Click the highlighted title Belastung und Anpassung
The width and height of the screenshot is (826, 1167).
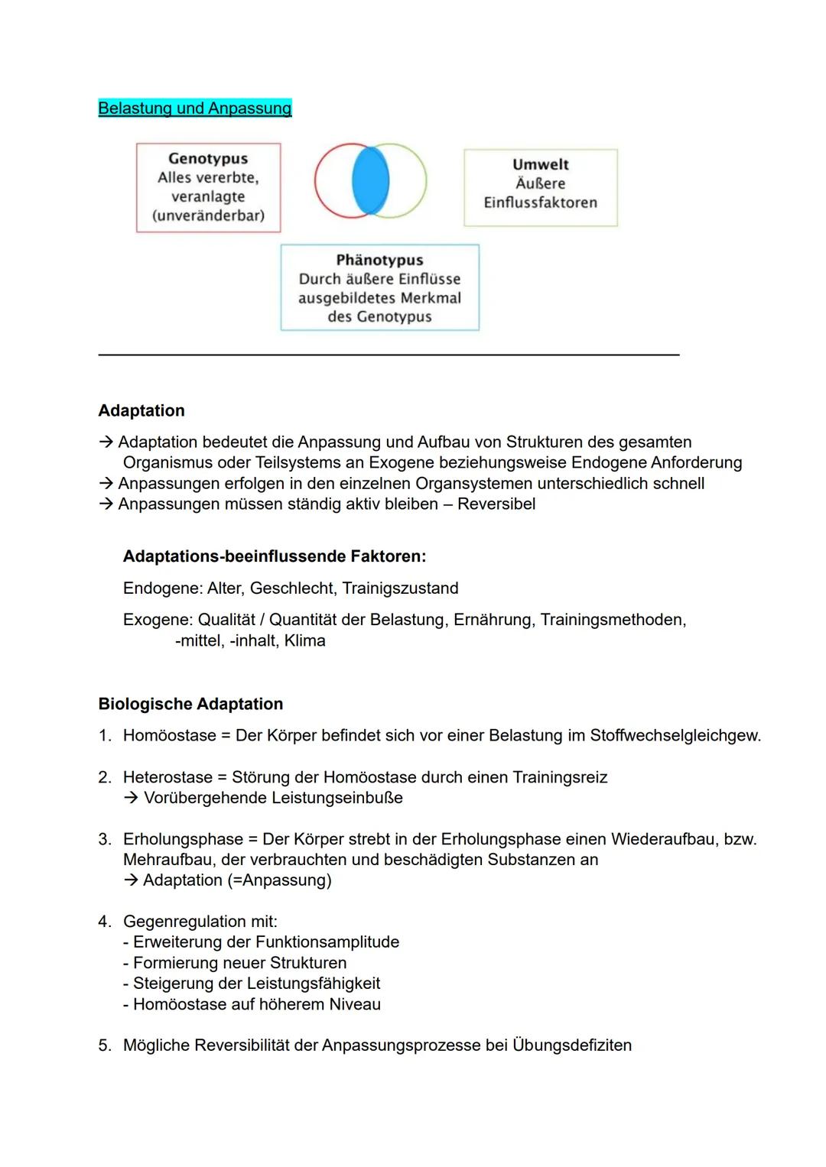(x=195, y=109)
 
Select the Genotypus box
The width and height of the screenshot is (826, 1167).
(x=208, y=187)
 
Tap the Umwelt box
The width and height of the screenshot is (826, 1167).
(x=540, y=187)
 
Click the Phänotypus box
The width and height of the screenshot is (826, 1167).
(x=379, y=287)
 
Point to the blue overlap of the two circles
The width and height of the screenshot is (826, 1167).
(x=370, y=181)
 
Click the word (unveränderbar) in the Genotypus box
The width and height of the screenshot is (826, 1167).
(x=208, y=216)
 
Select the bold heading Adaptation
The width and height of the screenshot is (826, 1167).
(x=141, y=410)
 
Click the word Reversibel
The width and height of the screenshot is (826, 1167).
(x=496, y=504)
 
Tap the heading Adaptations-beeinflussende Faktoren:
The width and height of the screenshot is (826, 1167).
(x=275, y=556)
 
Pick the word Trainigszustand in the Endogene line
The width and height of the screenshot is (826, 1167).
(x=400, y=588)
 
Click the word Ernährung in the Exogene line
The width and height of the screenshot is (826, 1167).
(x=493, y=620)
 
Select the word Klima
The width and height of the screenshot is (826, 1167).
(x=304, y=641)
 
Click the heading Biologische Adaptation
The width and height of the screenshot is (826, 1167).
(x=190, y=704)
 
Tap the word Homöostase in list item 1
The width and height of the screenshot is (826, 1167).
(x=170, y=736)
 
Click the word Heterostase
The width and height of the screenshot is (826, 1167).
(x=167, y=777)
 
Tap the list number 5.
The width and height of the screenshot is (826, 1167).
(x=104, y=1045)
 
